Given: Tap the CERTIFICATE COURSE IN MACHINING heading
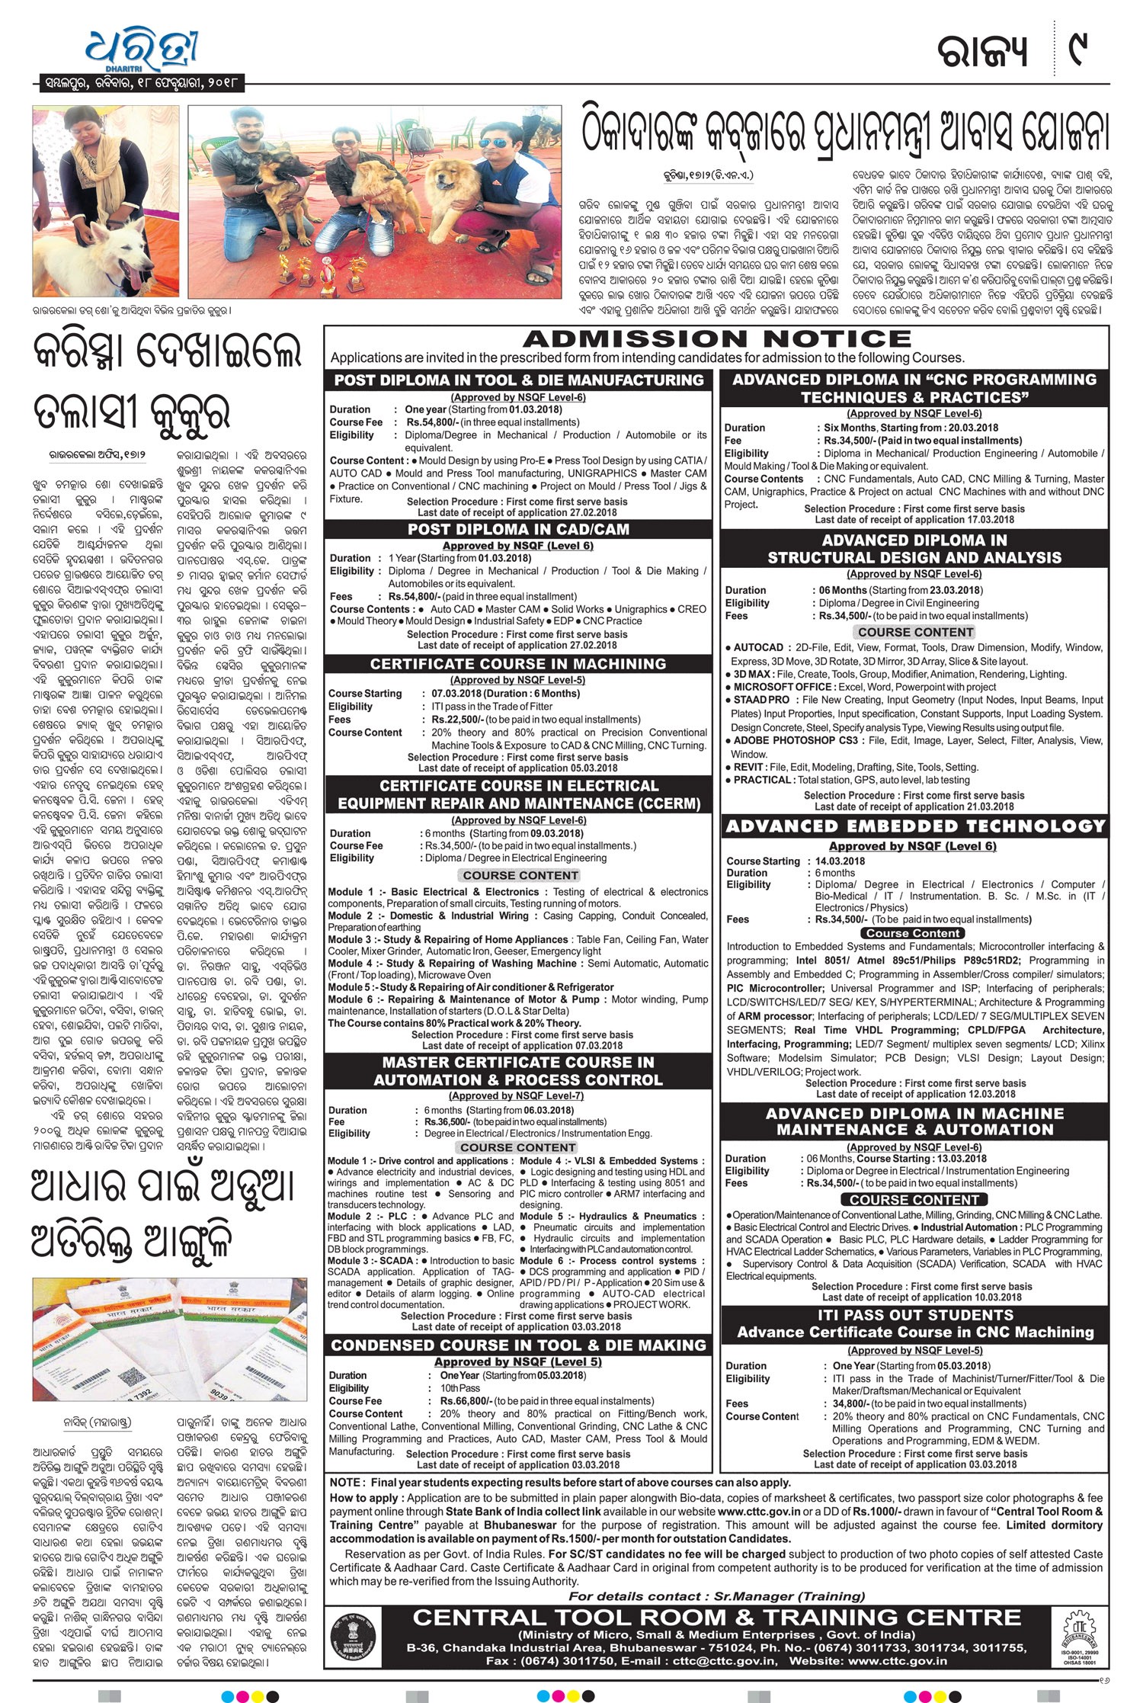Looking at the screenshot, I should point(518,664).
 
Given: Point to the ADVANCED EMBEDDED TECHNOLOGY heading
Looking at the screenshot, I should point(915,826).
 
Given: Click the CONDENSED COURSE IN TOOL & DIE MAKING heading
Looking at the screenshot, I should point(518,1345).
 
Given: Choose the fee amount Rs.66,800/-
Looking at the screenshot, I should point(466,1401).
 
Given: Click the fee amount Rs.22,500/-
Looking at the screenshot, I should point(456,719).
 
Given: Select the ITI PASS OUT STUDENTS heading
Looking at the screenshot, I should point(915,1315).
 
